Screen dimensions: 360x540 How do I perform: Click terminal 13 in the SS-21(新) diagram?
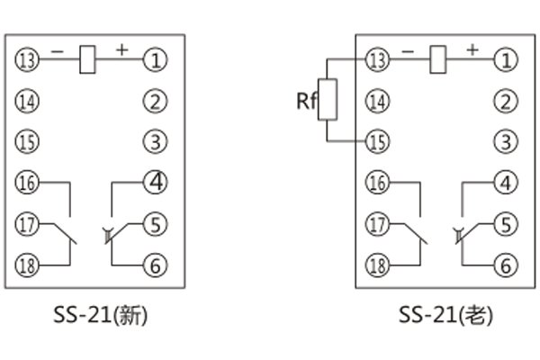click(x=28, y=60)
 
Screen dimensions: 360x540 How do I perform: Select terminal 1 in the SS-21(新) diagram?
click(x=157, y=61)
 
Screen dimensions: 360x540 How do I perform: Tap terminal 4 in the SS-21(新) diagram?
click(x=157, y=182)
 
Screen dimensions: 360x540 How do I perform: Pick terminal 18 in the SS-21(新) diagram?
click(x=28, y=265)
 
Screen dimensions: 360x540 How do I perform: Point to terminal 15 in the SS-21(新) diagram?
click(x=28, y=141)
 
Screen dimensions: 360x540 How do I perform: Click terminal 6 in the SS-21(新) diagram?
click(x=157, y=265)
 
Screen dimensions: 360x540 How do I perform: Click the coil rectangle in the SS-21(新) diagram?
click(x=88, y=59)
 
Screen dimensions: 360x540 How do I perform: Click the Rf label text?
click(x=306, y=100)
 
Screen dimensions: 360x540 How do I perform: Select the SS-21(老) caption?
click(x=445, y=316)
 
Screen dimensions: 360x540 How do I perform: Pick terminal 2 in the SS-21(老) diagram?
click(x=508, y=101)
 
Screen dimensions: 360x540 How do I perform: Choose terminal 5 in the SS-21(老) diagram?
click(x=508, y=223)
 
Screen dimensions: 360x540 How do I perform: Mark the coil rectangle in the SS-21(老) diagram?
click(x=439, y=59)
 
